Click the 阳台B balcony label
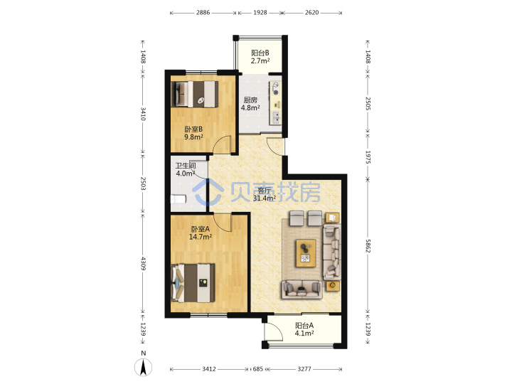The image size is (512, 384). coord(260,53)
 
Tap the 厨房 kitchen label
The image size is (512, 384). coord(250,100)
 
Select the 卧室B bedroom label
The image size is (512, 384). coord(193,129)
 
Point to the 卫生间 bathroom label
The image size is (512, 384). coord(186,166)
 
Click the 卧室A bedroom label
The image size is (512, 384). coord(201,229)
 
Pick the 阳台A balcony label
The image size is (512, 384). coord(304,326)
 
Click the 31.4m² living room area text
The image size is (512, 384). coord(265,198)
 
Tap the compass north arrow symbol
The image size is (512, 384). coord(143,367)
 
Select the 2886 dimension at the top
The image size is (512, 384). coord(203,12)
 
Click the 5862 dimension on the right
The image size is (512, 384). coord(368,246)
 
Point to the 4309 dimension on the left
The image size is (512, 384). coord(144,263)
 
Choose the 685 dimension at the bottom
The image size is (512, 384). coord(258,369)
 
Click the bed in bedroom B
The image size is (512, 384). coord(195,94)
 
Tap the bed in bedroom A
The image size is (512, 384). coord(193,283)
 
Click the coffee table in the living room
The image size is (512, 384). coord(306,253)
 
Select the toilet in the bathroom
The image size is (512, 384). coord(178,198)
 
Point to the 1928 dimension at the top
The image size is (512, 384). coord(260,12)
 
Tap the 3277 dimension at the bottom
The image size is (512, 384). coord(304,369)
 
